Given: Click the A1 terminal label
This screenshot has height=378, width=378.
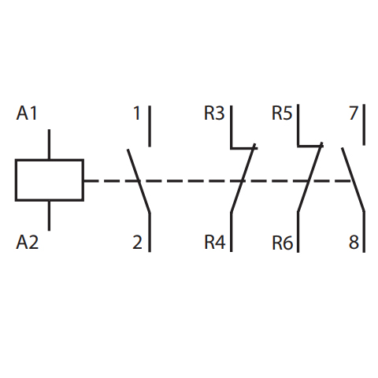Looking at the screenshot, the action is coord(27,113).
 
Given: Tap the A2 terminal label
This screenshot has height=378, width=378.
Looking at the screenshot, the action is coord(27,242).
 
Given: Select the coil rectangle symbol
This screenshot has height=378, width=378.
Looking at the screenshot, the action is coord(50,180).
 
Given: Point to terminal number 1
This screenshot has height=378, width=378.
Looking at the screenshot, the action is coord(137,113).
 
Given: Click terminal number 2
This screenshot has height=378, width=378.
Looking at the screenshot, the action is coord(137,242).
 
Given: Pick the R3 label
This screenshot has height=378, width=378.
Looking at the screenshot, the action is coord(214,113).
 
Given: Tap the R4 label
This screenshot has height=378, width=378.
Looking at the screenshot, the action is coord(215,242).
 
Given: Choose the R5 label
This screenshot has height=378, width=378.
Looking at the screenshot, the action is coord(282,113).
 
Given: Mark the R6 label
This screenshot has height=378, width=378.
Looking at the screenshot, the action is coord(282,243).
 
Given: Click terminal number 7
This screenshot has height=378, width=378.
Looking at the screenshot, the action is coord(354,113).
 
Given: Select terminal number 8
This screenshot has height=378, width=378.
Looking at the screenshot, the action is coord(354,242).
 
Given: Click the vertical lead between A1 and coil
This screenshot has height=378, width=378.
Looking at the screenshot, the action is coord(49,144).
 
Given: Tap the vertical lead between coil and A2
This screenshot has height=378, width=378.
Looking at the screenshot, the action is coord(49,216).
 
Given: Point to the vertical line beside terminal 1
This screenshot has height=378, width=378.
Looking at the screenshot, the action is coord(150,126).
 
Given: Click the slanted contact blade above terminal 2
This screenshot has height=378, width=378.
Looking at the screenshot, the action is coord(139,181).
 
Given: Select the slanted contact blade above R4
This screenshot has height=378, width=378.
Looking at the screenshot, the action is coord(243,178).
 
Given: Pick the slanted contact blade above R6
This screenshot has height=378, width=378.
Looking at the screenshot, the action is coord(310,177).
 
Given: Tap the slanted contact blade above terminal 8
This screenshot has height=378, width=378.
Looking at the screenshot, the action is coord(353,180).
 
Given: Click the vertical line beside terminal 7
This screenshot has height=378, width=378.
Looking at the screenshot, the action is coord(364,124).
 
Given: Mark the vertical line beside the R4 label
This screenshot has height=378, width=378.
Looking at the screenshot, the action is coord(232,232).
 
